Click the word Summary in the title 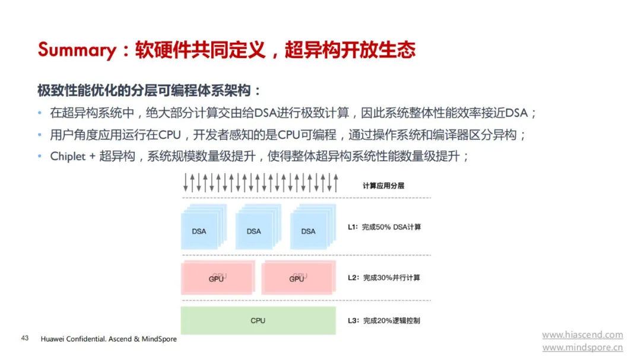tap(77, 50)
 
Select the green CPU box tap(258, 321)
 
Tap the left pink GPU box tap(218, 278)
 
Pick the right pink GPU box tap(299, 278)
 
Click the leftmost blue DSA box tap(204, 227)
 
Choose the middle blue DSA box tap(258, 227)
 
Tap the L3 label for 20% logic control tap(384, 321)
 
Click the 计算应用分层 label tap(383, 186)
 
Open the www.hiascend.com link tap(583, 335)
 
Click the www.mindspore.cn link tap(583, 348)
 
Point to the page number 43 tap(25, 338)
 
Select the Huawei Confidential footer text tap(109, 339)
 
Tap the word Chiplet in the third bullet tap(68, 157)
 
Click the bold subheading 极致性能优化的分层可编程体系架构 tap(144, 90)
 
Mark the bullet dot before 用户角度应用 tap(40, 135)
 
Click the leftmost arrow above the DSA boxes tap(186, 183)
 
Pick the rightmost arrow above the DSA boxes tap(336, 183)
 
